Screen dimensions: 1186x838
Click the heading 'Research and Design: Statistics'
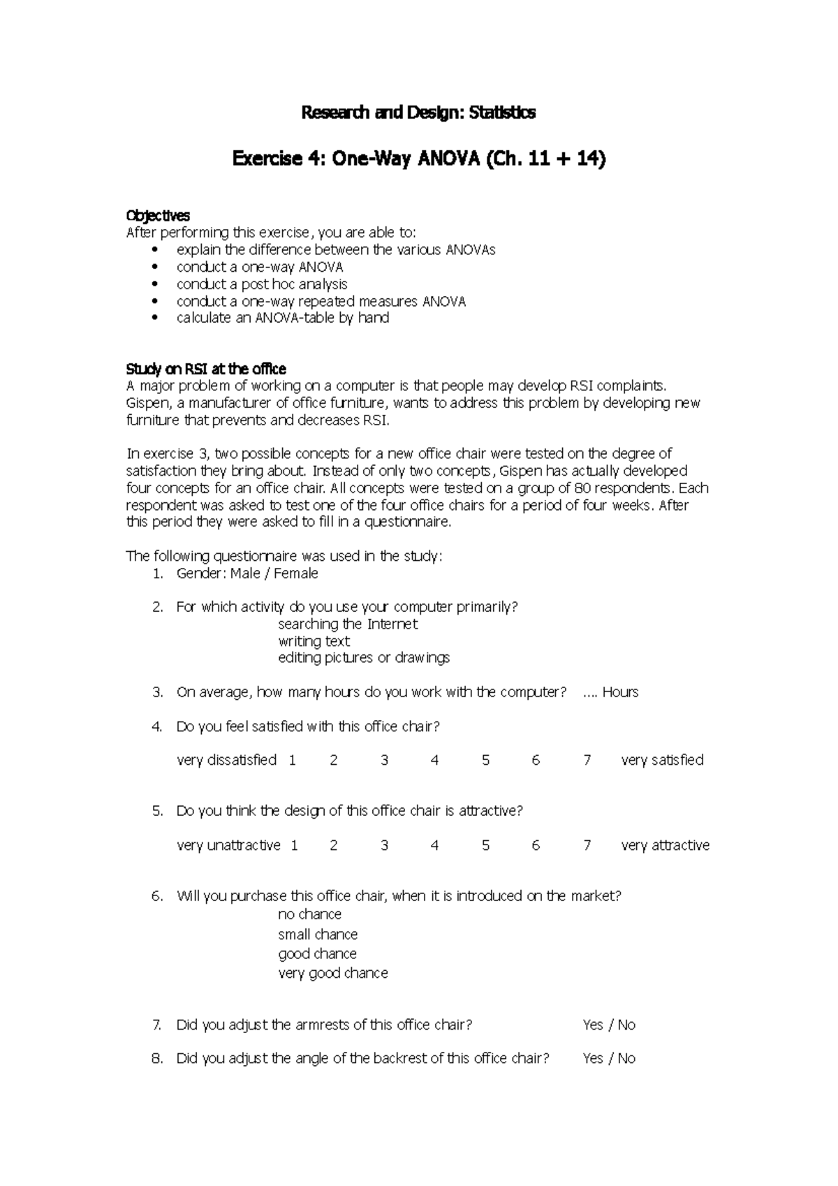coord(418,112)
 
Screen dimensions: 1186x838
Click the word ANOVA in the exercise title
coord(448,160)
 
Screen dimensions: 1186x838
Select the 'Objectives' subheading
coord(157,216)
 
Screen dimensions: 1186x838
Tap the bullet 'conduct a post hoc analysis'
coord(262,284)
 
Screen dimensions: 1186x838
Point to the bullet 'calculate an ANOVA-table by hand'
coord(283,318)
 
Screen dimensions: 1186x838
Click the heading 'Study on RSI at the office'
coord(206,369)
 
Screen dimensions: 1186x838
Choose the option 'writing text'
coord(314,641)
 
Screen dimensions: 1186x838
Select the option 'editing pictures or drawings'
coord(364,658)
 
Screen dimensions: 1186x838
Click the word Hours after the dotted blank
coord(620,692)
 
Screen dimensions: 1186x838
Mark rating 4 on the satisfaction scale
coord(434,760)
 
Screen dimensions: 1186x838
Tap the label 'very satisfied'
coord(662,760)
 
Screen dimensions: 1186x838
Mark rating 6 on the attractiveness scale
coord(536,845)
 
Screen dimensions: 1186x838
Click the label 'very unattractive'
coord(228,845)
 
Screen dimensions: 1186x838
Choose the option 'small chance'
coord(318,935)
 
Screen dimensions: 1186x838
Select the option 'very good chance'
coord(332,973)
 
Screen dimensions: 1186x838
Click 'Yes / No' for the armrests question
coord(609,1025)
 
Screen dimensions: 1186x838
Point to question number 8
coord(157,1058)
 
